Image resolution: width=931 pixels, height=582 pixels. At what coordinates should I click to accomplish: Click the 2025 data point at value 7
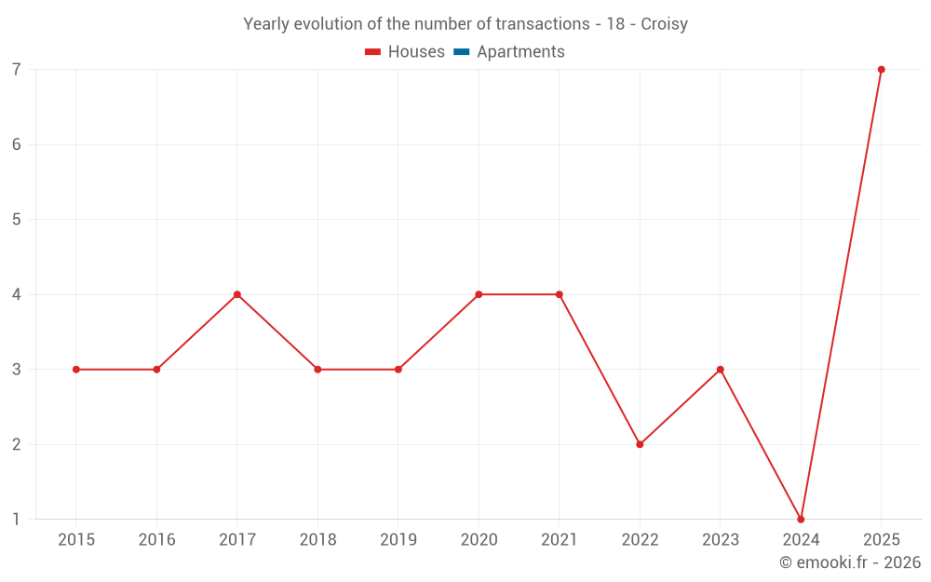pyautogui.click(x=881, y=70)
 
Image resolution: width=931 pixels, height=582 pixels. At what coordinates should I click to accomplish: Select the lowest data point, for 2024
pyautogui.click(x=801, y=520)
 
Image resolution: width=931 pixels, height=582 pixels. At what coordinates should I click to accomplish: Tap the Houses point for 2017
pyautogui.click(x=237, y=294)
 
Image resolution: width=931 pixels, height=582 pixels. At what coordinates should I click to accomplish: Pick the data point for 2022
pyautogui.click(x=641, y=444)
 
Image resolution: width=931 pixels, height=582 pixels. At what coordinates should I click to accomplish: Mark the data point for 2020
pyautogui.click(x=479, y=294)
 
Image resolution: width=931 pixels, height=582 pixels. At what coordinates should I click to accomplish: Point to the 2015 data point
pyautogui.click(x=76, y=370)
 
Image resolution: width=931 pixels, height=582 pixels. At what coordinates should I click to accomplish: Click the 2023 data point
pyautogui.click(x=721, y=370)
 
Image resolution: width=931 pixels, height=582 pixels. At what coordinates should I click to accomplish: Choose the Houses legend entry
pyautogui.click(x=405, y=51)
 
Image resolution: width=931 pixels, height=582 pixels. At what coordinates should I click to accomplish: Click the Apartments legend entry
pyautogui.click(x=509, y=51)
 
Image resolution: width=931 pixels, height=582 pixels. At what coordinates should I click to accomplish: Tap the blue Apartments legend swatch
pyautogui.click(x=462, y=52)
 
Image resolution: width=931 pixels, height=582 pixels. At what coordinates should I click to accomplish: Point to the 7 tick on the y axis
pyautogui.click(x=16, y=70)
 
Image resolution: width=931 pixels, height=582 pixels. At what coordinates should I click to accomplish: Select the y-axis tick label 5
pyautogui.click(x=16, y=220)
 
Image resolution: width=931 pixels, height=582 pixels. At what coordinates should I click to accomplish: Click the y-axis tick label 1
pyautogui.click(x=16, y=520)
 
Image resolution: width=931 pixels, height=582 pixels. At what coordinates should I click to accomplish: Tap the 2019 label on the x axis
pyautogui.click(x=398, y=540)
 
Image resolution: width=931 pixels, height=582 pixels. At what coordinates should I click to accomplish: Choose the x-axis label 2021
pyautogui.click(x=560, y=540)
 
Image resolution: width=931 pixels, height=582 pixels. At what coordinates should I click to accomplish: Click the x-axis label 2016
pyautogui.click(x=156, y=540)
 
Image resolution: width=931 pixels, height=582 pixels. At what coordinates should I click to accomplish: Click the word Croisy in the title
pyautogui.click(x=665, y=24)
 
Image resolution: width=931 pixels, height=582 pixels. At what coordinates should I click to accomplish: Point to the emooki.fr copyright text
pyautogui.click(x=850, y=562)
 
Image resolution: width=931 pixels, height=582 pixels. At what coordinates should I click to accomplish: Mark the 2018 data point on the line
pyautogui.click(x=317, y=370)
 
